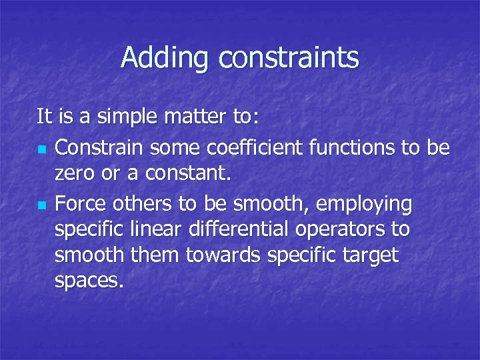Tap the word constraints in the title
pyautogui.click(x=288, y=58)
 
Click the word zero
pyautogui.click(x=75, y=175)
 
